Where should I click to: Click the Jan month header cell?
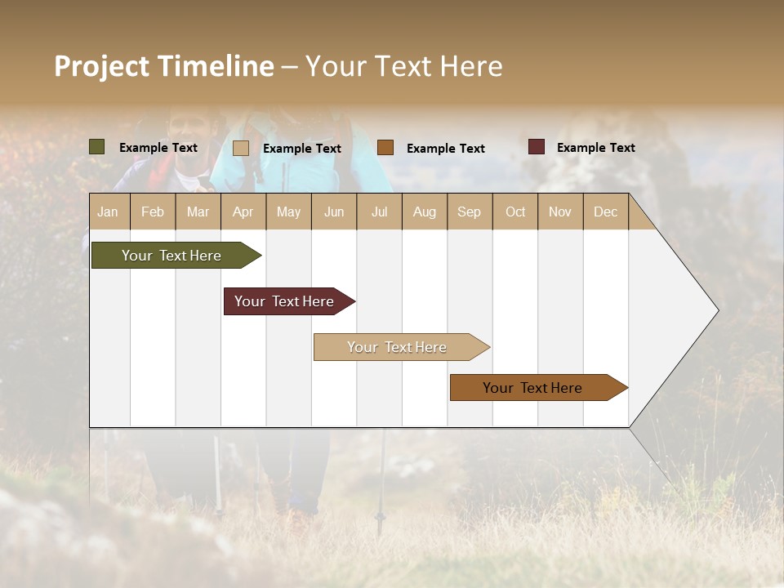click(x=109, y=212)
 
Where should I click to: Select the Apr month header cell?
click(x=243, y=212)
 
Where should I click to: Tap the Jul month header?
click(x=379, y=212)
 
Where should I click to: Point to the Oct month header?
click(x=515, y=212)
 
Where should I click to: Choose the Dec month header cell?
click(x=605, y=212)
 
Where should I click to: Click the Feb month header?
click(x=153, y=212)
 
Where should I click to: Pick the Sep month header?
click(x=470, y=212)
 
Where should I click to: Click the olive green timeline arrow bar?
click(x=172, y=256)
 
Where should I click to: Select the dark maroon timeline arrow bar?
click(x=285, y=301)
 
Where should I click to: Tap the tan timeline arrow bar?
click(x=398, y=347)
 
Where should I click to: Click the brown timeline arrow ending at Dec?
click(x=533, y=388)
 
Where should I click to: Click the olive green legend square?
click(x=97, y=147)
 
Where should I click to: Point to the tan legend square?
click(x=241, y=148)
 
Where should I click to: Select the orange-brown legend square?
click(x=385, y=148)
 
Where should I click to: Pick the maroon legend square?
click(x=537, y=147)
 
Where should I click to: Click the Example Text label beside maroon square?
click(x=595, y=147)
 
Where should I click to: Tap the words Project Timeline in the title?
click(x=164, y=66)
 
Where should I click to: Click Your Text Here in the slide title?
click(x=404, y=66)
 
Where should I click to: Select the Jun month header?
click(x=334, y=212)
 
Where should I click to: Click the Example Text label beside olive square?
click(x=158, y=147)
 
